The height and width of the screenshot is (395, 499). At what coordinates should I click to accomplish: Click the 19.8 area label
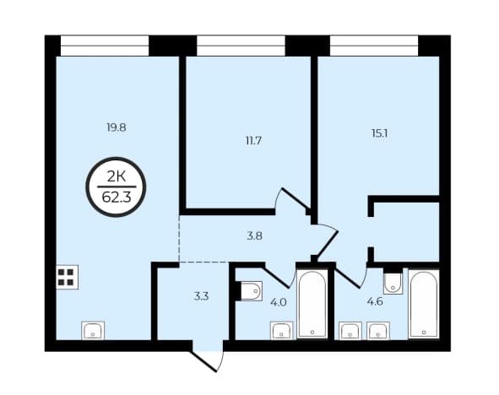pyautogui.click(x=117, y=127)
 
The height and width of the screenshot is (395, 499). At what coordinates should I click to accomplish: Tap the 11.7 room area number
pyautogui.click(x=253, y=141)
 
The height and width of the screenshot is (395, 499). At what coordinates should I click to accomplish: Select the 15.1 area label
pyautogui.click(x=379, y=133)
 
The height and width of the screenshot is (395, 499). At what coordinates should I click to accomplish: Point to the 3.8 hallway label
pyautogui.click(x=255, y=236)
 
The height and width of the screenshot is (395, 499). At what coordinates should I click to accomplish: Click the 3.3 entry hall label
pyautogui.click(x=202, y=296)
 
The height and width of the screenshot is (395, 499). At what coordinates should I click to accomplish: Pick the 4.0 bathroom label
pyautogui.click(x=279, y=302)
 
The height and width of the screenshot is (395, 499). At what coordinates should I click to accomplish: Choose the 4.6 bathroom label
pyautogui.click(x=375, y=301)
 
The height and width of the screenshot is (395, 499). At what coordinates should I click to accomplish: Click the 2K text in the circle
pyautogui.click(x=117, y=176)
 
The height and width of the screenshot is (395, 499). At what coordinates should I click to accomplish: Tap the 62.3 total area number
pyautogui.click(x=117, y=197)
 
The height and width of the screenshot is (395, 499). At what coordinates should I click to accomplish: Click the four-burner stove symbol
pyautogui.click(x=68, y=277)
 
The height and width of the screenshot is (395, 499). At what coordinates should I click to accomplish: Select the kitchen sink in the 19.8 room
pyautogui.click(x=93, y=331)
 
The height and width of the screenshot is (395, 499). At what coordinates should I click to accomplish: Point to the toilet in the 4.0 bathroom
pyautogui.click(x=252, y=290)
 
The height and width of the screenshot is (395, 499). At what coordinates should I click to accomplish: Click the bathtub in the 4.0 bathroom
pyautogui.click(x=312, y=305)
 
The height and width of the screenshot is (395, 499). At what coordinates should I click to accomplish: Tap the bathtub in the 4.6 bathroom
pyautogui.click(x=424, y=303)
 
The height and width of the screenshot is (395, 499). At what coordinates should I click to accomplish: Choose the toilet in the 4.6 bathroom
pyautogui.click(x=393, y=283)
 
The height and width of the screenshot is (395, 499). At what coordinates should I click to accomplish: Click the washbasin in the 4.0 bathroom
pyautogui.click(x=282, y=331)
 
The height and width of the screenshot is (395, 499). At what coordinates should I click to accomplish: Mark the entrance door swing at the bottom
pyautogui.click(x=209, y=361)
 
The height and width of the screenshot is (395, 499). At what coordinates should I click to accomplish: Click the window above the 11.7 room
pyautogui.click(x=241, y=46)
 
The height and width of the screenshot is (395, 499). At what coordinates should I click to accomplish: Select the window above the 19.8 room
pyautogui.click(x=105, y=46)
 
